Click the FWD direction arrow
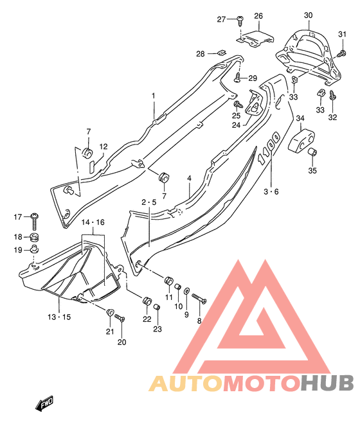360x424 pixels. (44, 404)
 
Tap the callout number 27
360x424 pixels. (221, 19)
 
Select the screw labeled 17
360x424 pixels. (35, 222)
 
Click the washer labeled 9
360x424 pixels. (186, 292)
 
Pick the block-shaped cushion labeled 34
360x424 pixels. (301, 139)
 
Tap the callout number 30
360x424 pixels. (309, 15)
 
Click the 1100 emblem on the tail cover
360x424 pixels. (269, 148)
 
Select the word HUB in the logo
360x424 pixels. (327, 383)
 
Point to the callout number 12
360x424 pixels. (104, 146)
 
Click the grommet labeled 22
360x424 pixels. (147, 301)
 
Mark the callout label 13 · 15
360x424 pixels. (59, 317)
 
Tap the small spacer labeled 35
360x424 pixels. (312, 152)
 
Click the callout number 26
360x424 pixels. (258, 16)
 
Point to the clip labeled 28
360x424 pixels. (222, 52)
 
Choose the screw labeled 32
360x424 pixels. (332, 96)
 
